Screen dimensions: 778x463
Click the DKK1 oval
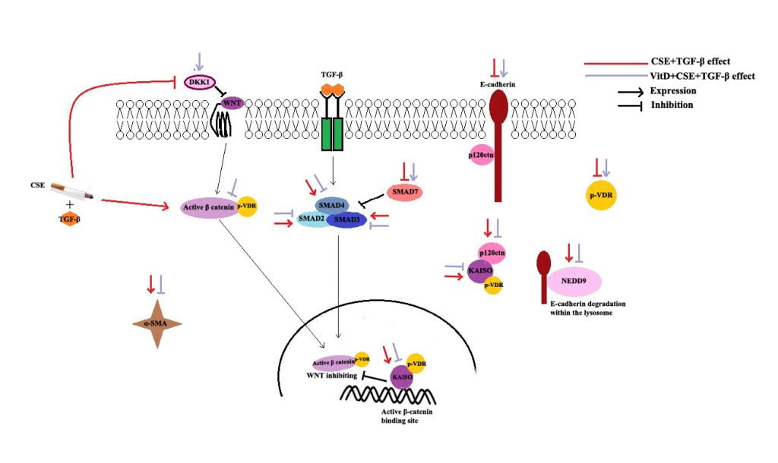pyautogui.click(x=199, y=82)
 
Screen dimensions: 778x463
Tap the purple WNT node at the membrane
pyautogui.click(x=232, y=103)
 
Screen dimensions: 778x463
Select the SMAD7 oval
pyautogui.click(x=405, y=192)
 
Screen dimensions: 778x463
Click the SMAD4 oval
pyautogui.click(x=331, y=205)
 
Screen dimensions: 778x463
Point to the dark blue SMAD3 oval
pyautogui.click(x=346, y=219)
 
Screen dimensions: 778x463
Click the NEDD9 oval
pyautogui.click(x=574, y=281)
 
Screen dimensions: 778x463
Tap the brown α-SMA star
pyautogui.click(x=157, y=323)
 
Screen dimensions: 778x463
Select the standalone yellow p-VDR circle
pyautogui.click(x=601, y=195)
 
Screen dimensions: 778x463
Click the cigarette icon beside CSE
pyautogui.click(x=72, y=191)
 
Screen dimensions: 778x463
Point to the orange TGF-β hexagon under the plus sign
pyautogui.click(x=69, y=219)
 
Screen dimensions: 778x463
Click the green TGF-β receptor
pyautogui.click(x=333, y=134)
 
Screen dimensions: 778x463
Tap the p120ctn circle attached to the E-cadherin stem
pyautogui.click(x=481, y=155)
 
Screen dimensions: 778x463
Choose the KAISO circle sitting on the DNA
pyautogui.click(x=402, y=377)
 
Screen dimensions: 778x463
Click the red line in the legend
pyautogui.click(x=615, y=64)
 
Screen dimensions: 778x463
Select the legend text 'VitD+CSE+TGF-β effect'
pyautogui.click(x=702, y=76)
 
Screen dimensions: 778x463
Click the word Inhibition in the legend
pyautogui.click(x=672, y=105)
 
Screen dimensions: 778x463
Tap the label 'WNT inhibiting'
pyautogui.click(x=331, y=376)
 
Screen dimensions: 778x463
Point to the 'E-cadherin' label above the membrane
pyautogui.click(x=498, y=84)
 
